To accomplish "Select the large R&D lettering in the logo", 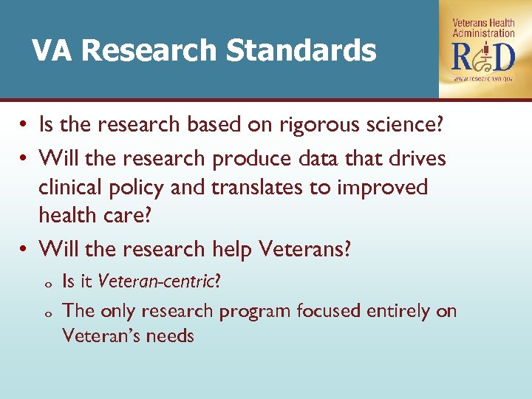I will [484, 56].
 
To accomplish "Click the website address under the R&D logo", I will [485, 78].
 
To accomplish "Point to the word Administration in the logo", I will [484, 33].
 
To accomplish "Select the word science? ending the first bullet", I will [407, 125].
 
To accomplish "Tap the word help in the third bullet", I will [229, 249].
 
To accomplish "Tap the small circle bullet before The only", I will [47, 313].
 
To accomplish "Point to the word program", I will [255, 311].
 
